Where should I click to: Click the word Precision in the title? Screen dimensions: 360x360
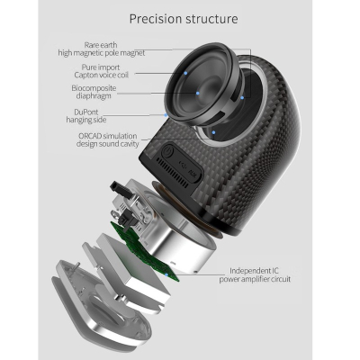pyautogui.click(x=155, y=19)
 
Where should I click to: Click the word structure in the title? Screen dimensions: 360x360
pyautogui.click(x=211, y=19)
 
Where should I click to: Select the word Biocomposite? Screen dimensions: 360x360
pyautogui.click(x=94, y=88)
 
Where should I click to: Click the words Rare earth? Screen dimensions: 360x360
pyautogui.click(x=101, y=45)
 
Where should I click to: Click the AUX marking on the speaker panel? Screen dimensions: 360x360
pyautogui.click(x=192, y=173)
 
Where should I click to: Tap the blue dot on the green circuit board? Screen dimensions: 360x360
pyautogui.click(x=166, y=274)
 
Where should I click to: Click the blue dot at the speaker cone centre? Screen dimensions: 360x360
pyautogui.click(x=198, y=93)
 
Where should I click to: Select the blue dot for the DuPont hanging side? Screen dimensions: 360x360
pyautogui.click(x=166, y=115)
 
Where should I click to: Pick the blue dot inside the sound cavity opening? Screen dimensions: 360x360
pyautogui.click(x=213, y=132)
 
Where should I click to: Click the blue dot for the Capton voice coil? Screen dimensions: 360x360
pyautogui.click(x=185, y=73)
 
